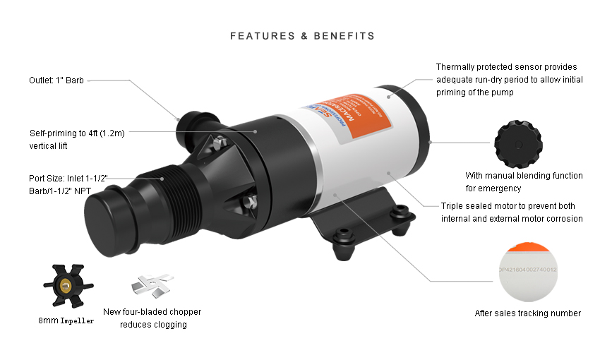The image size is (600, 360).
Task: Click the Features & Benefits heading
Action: pos(302,35)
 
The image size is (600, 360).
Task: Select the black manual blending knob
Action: pos(518,142)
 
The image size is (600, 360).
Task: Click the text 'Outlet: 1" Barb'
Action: pos(56,80)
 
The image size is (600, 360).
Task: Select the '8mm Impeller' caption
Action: pos(66,320)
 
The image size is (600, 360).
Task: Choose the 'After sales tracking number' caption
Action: pos(528,313)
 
